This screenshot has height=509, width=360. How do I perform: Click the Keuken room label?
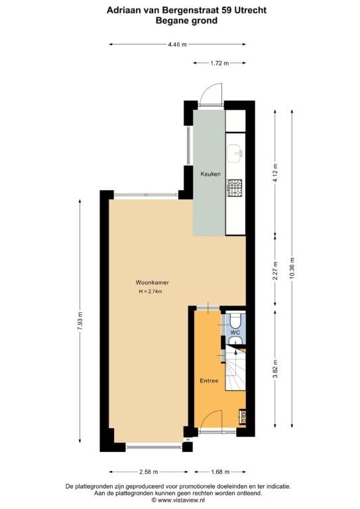(x=211, y=174)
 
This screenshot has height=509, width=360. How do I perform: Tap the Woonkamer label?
(x=148, y=282)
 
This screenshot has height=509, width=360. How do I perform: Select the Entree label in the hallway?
(x=209, y=381)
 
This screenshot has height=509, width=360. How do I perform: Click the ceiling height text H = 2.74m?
(x=150, y=292)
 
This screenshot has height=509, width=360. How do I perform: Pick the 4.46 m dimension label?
(x=178, y=44)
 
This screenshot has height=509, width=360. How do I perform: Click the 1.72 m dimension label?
(x=219, y=63)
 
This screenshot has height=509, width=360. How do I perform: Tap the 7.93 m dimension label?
(x=81, y=321)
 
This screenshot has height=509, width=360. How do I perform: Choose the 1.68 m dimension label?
(x=219, y=472)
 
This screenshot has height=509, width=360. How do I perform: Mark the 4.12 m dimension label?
(x=276, y=174)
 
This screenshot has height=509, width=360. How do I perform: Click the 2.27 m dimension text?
(x=276, y=272)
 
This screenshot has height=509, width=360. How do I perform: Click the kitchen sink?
(x=235, y=154)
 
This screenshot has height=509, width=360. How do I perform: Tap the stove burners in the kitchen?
(x=235, y=188)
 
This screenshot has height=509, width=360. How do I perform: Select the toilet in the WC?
(x=234, y=341)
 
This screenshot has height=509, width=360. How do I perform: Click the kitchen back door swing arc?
(x=212, y=92)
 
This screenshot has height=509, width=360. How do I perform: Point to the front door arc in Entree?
(x=212, y=419)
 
